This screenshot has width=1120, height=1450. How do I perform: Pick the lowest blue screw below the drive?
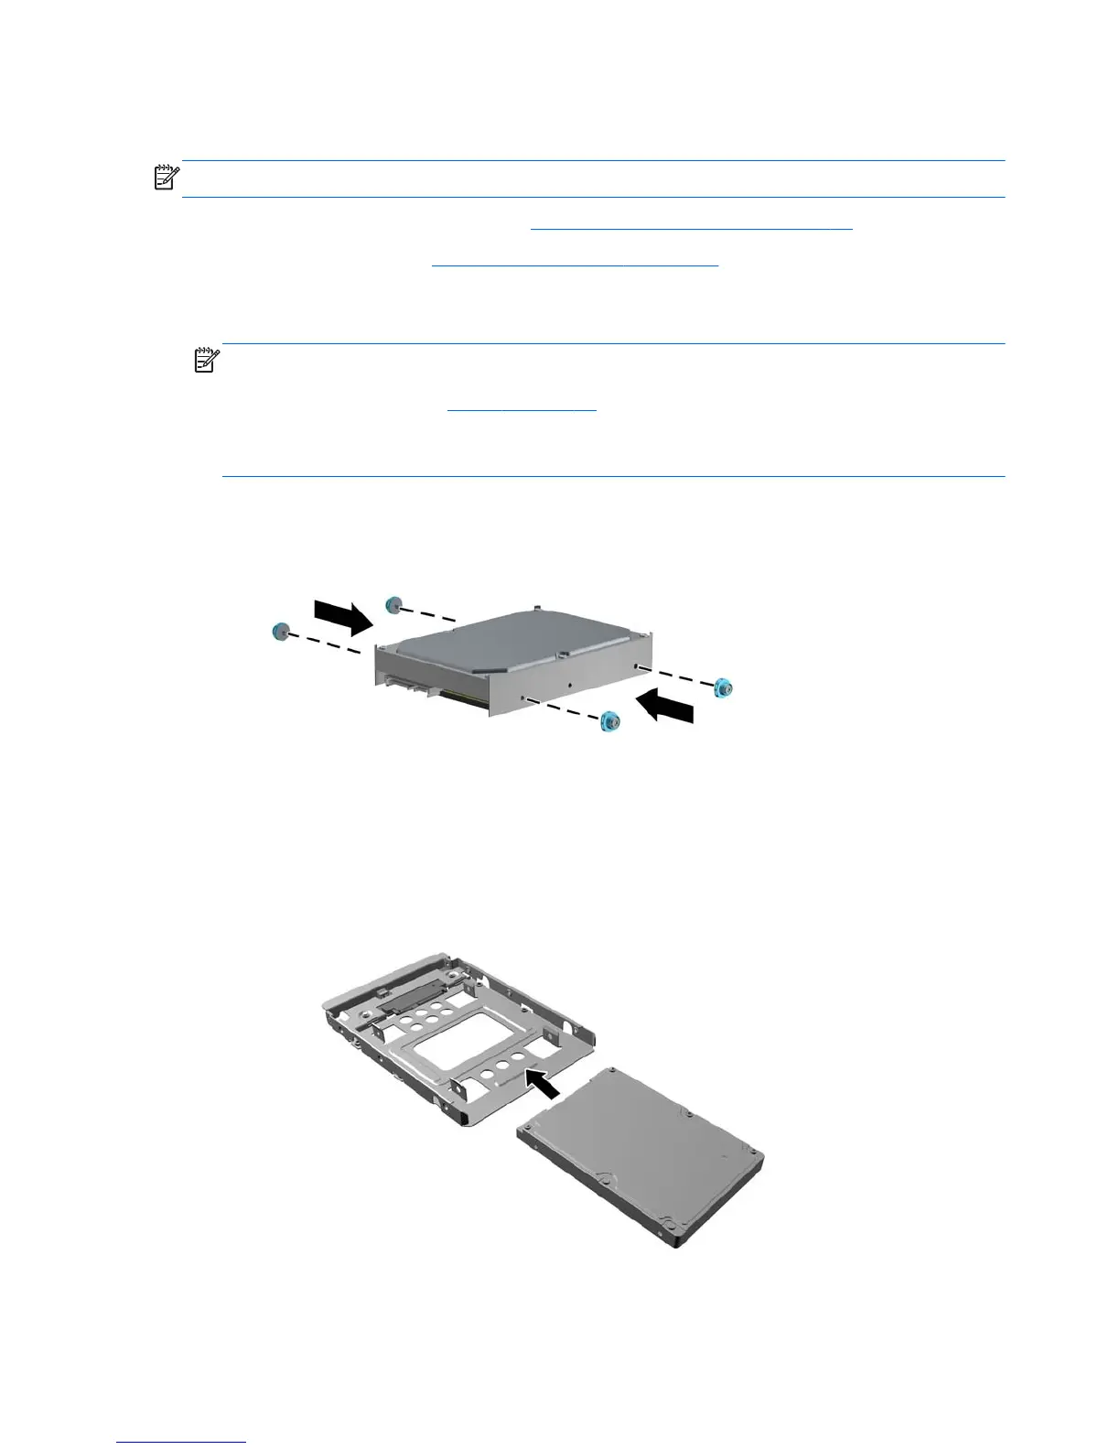coord(608,720)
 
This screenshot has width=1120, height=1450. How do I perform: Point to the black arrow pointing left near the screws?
coord(666,707)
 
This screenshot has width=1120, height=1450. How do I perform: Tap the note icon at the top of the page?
coord(167,177)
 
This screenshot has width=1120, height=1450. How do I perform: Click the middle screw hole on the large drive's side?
coord(569,684)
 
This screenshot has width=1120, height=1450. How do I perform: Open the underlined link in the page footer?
coord(182,1443)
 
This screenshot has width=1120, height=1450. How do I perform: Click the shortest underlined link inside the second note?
coord(522,411)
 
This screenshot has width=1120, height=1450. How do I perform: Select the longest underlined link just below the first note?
coord(691,226)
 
